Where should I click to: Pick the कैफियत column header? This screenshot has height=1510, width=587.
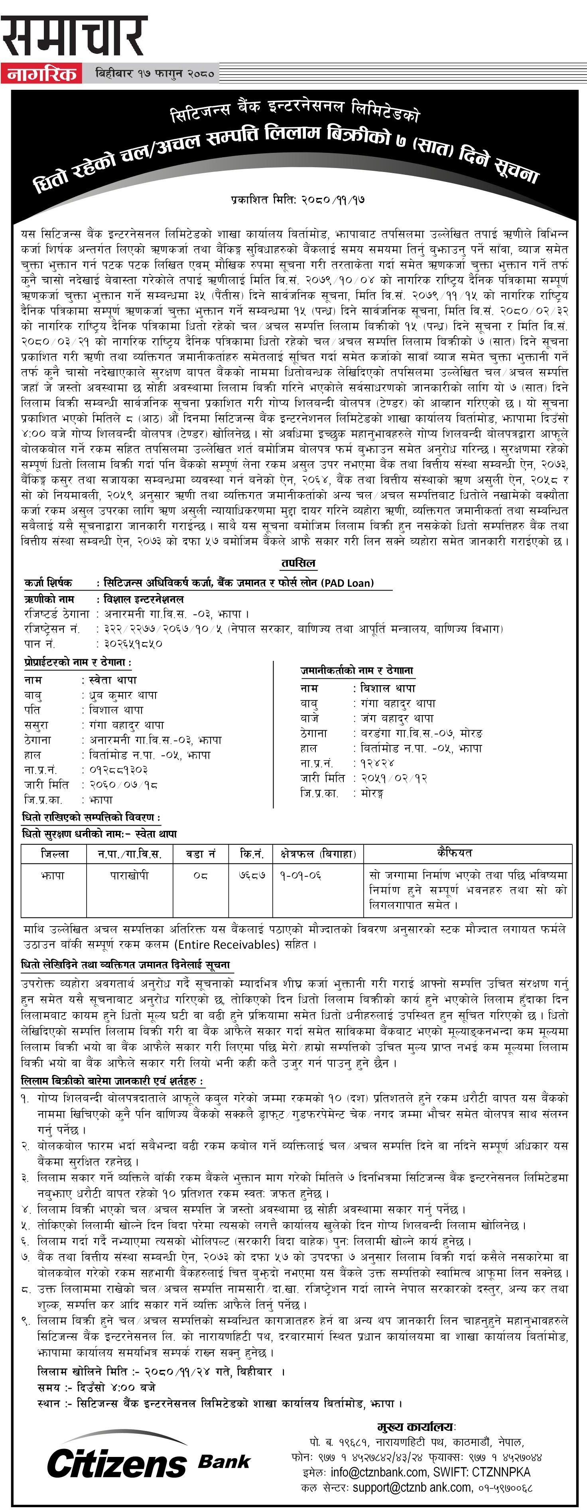click(454, 853)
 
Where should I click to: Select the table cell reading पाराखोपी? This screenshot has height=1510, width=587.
click(130, 875)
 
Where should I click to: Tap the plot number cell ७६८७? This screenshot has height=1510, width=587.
click(252, 875)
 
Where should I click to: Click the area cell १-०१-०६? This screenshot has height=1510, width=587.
click(301, 875)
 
